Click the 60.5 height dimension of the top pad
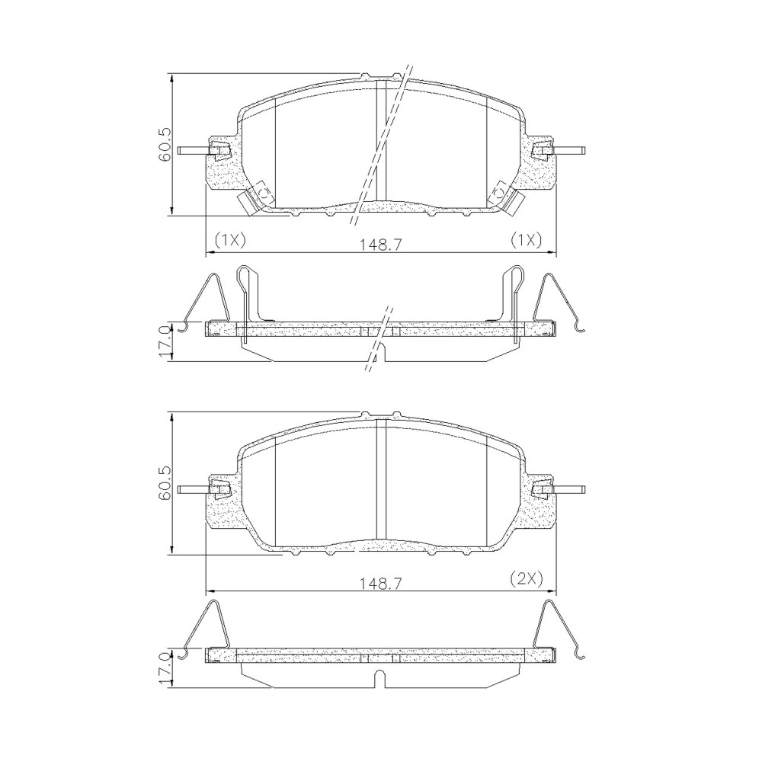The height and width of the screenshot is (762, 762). [x=165, y=144]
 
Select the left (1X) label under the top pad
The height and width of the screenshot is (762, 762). [x=230, y=239]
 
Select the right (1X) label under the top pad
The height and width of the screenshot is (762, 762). [x=526, y=239]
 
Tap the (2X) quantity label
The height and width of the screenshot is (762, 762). [x=527, y=578]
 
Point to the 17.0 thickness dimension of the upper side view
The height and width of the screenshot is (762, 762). [x=165, y=343]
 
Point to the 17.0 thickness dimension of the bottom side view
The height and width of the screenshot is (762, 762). [x=165, y=669]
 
